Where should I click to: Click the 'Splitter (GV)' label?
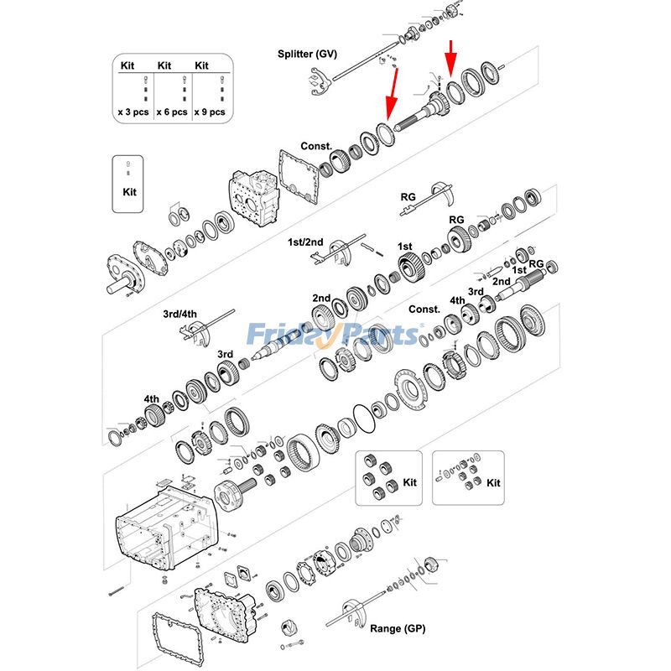(x=307, y=54)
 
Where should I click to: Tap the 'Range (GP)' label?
(x=398, y=628)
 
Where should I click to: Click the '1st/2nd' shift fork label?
(x=305, y=242)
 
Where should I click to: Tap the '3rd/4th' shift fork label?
(x=179, y=315)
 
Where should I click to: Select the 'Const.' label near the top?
(x=316, y=146)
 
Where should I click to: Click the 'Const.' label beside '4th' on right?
(x=424, y=309)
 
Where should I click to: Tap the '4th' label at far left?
(x=151, y=398)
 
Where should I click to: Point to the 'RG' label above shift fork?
(x=408, y=197)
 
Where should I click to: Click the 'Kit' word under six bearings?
(x=409, y=483)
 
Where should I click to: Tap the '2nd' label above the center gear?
(x=321, y=298)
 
